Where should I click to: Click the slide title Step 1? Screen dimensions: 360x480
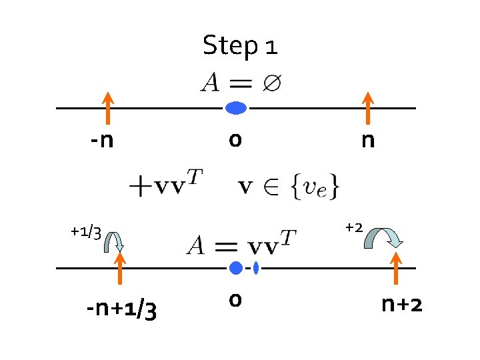click(240, 46)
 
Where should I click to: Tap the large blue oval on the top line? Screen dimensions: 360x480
click(235, 107)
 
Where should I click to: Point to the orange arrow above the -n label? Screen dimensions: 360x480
click(107, 109)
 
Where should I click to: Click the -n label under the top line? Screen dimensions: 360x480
click(103, 141)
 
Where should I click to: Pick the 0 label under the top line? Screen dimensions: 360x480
click(235, 141)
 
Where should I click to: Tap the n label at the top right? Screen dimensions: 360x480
click(367, 141)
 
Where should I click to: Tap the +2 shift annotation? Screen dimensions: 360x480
click(353, 227)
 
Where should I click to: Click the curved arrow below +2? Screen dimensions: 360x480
click(383, 238)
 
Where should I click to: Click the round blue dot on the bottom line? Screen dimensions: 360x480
click(235, 268)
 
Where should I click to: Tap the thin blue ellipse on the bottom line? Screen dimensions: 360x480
click(256, 268)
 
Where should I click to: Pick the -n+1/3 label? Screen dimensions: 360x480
click(121, 309)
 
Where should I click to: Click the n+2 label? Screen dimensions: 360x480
click(402, 305)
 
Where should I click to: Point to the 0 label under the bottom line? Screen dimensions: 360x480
click(235, 300)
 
